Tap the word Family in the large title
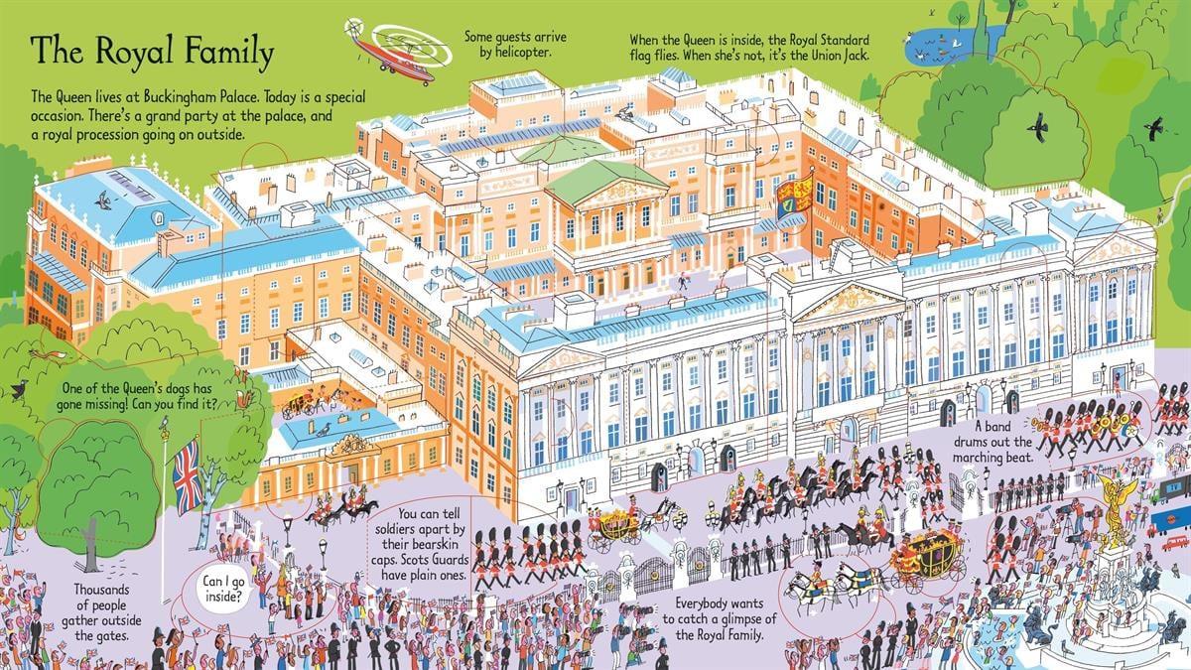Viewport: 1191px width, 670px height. [x=230, y=53]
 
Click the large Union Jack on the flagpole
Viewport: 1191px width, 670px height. [x=189, y=477]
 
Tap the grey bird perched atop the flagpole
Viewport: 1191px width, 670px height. [x=166, y=423]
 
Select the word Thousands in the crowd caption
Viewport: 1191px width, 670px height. [x=101, y=590]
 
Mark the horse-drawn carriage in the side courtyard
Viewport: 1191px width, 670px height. [x=302, y=405]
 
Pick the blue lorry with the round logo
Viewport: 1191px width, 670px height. [x=1171, y=518]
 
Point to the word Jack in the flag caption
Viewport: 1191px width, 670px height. [x=854, y=56]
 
